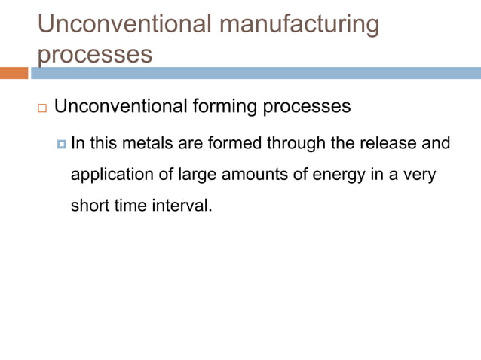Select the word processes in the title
pyautogui.click(x=94, y=54)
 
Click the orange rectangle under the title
pyautogui.click(x=14, y=73)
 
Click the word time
pyautogui.click(x=130, y=205)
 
